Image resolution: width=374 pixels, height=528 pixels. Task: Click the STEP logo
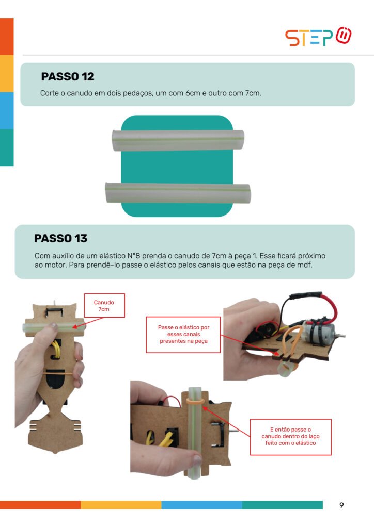coord(318,36)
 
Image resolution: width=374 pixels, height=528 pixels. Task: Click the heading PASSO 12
coord(68,76)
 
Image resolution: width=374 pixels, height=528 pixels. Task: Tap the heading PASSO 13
coord(61,238)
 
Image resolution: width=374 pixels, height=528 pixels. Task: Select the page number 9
coord(341,505)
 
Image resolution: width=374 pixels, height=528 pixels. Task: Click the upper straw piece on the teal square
coord(178,140)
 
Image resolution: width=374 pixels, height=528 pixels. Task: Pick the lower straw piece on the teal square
coord(178,193)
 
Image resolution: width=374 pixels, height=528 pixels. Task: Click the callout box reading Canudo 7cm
coord(104,305)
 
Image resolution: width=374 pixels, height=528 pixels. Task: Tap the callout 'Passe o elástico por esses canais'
coord(183,334)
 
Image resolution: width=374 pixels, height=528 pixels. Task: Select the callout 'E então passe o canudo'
coord(290,437)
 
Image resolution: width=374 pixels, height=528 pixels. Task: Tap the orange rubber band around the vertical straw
coord(195,401)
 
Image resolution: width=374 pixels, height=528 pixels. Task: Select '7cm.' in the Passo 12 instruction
coord(253,93)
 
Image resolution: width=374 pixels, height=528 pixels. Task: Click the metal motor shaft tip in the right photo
coord(343,336)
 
